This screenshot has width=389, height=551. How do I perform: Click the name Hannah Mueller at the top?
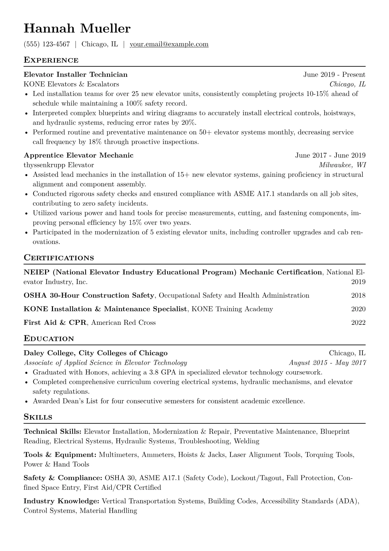[77, 29]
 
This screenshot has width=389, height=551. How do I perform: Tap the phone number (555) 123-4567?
[47, 44]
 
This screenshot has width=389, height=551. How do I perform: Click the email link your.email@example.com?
[169, 44]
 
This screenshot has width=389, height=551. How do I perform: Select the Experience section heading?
[51, 60]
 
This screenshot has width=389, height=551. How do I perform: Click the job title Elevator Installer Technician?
[76, 75]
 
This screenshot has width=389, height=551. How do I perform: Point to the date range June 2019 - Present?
[334, 75]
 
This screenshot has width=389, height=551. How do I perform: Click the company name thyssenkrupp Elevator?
[59, 165]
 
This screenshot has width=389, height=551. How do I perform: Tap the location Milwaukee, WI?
[342, 165]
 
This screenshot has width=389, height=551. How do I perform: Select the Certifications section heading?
[59, 258]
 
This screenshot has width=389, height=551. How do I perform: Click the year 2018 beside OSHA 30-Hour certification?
[358, 296]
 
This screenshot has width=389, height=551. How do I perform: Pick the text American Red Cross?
[123, 323]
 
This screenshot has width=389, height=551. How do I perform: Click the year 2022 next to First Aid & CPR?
[358, 323]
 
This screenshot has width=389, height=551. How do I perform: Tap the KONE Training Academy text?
[232, 309]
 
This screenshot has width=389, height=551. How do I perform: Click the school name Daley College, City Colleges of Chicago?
[95, 353]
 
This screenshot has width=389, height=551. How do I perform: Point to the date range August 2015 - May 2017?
[327, 363]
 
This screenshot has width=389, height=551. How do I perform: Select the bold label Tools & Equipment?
[60, 455]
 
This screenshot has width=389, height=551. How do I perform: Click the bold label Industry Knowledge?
[61, 501]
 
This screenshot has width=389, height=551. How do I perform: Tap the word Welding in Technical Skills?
[246, 441]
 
